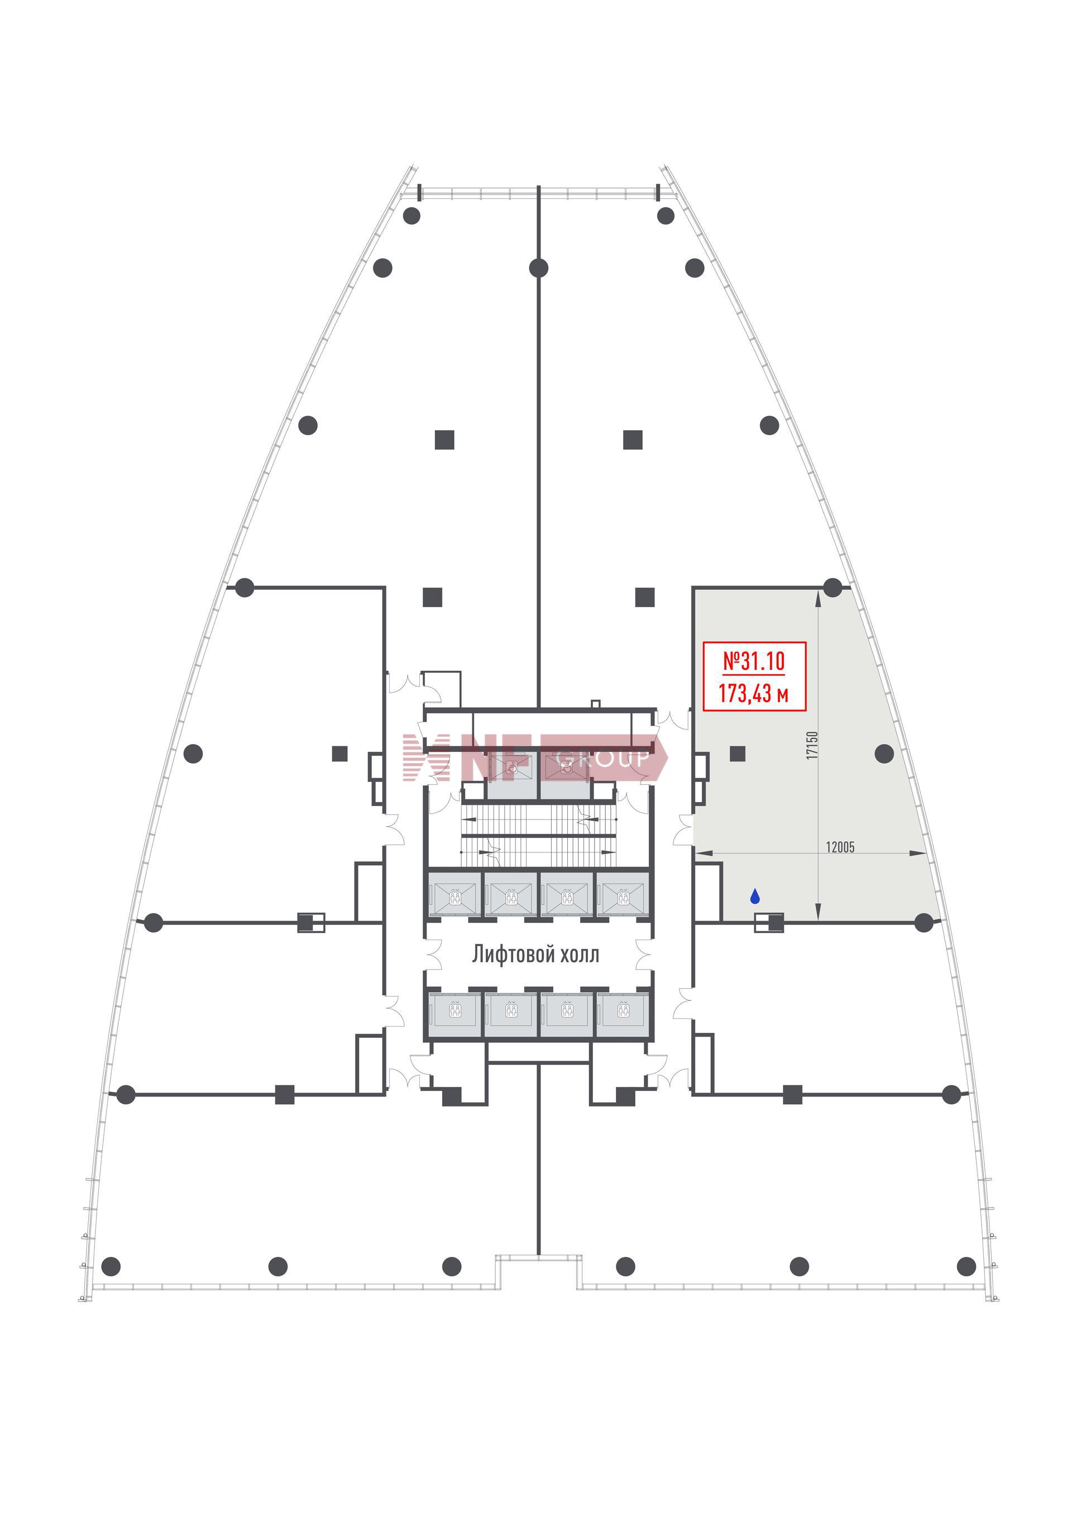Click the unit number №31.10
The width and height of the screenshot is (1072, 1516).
click(x=754, y=660)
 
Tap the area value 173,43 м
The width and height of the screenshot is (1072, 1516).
click(x=753, y=694)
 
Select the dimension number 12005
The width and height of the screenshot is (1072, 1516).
click(x=840, y=847)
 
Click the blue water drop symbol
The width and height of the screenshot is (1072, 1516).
click(x=754, y=897)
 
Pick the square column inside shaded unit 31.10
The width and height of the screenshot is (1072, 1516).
click(x=738, y=754)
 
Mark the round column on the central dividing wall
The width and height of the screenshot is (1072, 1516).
click(x=539, y=268)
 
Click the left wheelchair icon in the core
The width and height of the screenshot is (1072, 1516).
click(x=512, y=767)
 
